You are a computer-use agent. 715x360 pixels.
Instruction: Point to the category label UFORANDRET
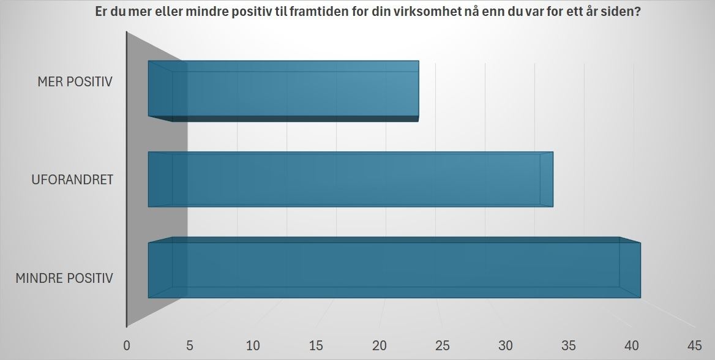(x=73, y=180)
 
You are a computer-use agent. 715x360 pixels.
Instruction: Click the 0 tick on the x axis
(x=127, y=345)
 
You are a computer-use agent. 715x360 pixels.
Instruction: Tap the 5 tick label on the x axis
(x=190, y=345)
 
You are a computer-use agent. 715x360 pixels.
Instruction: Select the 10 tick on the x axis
(x=253, y=345)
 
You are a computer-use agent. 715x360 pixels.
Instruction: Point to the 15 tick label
(x=316, y=345)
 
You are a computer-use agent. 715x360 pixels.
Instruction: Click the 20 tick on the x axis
(x=379, y=345)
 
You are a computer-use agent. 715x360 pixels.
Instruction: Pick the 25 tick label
(x=442, y=345)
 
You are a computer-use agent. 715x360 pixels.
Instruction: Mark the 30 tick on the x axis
(x=505, y=345)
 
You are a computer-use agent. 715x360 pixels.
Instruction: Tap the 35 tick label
(x=568, y=345)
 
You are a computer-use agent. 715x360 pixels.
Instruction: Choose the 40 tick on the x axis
(x=631, y=345)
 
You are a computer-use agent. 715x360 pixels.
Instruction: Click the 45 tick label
(x=694, y=345)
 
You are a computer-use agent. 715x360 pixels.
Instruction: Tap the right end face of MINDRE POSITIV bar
(x=631, y=269)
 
